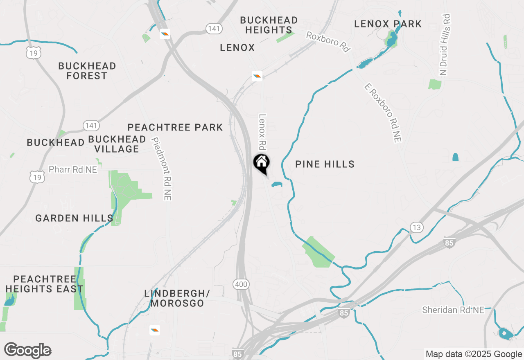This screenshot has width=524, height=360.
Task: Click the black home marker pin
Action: [x=262, y=163]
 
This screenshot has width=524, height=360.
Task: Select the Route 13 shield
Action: [x=416, y=228]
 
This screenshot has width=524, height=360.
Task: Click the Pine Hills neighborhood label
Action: [x=325, y=164]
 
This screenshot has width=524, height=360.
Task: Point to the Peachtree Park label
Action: [x=175, y=128]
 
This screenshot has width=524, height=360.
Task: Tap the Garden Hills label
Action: [x=74, y=218]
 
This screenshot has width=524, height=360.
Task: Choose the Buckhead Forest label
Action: [x=87, y=71]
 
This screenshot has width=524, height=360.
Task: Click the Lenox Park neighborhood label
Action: [x=388, y=24]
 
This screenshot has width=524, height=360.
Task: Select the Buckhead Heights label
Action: [x=269, y=25]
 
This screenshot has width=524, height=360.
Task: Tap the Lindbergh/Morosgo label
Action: [x=177, y=299]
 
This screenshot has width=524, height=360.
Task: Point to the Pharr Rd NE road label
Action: [x=73, y=169]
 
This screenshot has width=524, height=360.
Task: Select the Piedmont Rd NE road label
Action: [x=161, y=169]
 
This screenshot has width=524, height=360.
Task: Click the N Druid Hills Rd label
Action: [x=445, y=45]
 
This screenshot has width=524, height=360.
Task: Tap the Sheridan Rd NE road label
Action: [x=453, y=310]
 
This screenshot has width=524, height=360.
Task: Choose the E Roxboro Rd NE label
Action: [x=383, y=112]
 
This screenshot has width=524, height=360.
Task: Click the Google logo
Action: [x=28, y=351]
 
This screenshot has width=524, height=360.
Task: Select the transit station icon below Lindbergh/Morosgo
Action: [x=154, y=330]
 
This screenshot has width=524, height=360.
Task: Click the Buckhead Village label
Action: [x=117, y=144]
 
